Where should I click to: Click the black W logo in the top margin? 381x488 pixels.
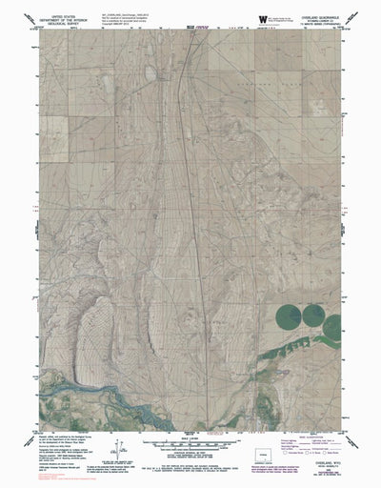(x=264, y=17)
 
